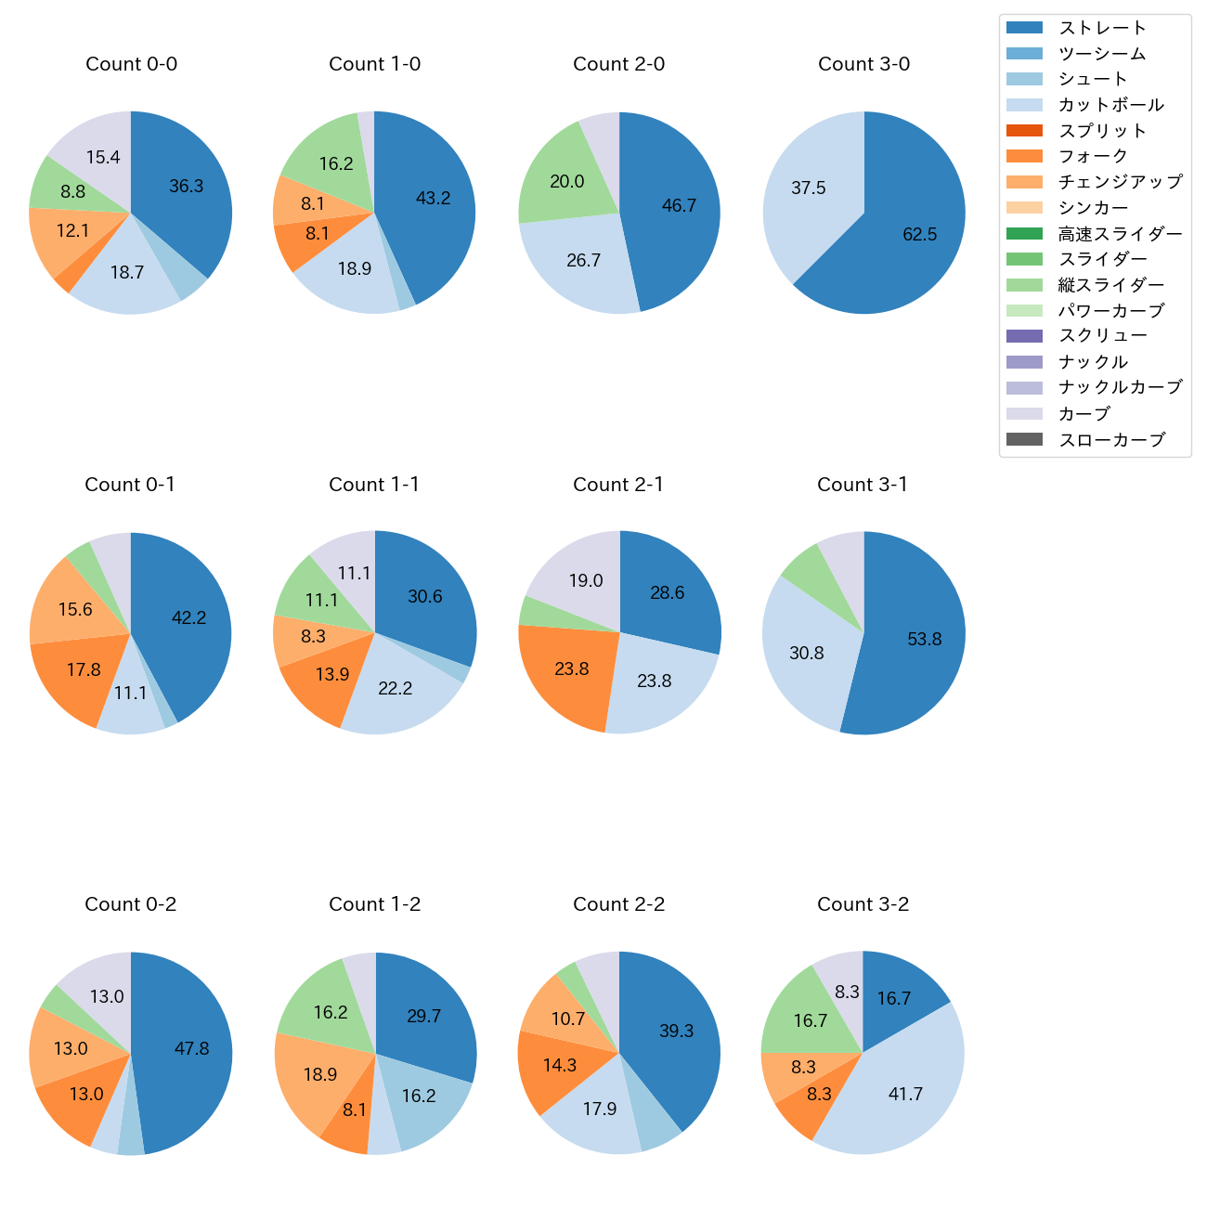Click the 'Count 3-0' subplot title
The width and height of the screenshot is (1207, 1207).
pos(863,64)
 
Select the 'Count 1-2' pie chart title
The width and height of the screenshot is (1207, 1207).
pos(374,904)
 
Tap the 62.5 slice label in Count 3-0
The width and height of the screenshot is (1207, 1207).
pos(919,234)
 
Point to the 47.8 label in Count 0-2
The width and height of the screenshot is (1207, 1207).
pos(191,1048)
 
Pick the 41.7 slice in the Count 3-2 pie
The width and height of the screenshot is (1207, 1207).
pos(904,1094)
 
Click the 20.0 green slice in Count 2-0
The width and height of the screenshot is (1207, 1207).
pos(566,182)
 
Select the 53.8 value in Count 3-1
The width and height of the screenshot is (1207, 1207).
pos(924,639)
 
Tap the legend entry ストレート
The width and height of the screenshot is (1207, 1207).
pos(1102,28)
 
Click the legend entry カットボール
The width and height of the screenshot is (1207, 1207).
pos(1110,105)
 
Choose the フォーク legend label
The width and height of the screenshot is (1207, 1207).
pos(1093,156)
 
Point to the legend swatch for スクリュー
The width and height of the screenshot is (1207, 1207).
pos(1024,336)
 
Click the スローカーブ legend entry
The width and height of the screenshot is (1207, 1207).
pos(1111,440)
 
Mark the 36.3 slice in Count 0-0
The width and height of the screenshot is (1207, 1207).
pos(186,187)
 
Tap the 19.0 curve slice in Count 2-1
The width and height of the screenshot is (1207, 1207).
pos(585,581)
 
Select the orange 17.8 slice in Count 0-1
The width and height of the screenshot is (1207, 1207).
pos(83,669)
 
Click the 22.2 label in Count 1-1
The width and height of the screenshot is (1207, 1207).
pos(395,688)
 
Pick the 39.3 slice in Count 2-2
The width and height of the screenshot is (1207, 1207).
pos(676,1031)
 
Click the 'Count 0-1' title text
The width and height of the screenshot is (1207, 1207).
pos(130,485)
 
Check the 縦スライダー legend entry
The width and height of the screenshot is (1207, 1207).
pos(1110,285)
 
